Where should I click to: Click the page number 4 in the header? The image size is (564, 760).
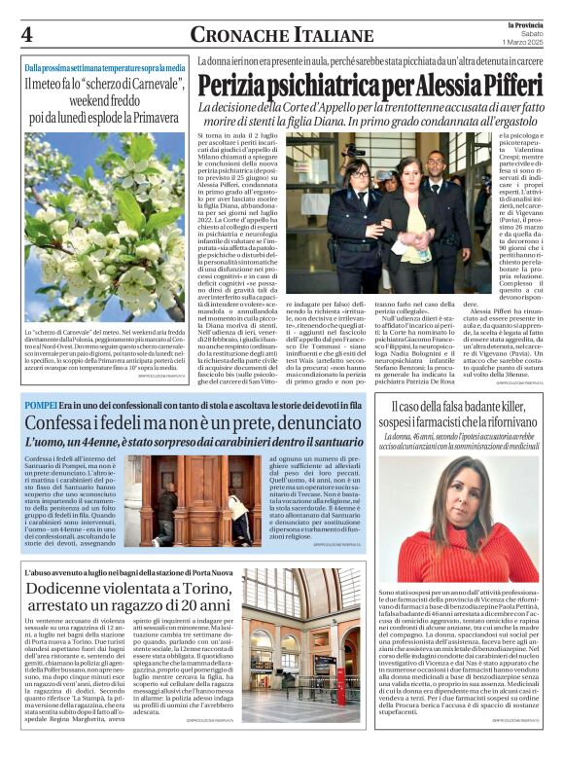27,34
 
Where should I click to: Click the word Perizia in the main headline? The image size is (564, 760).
254,85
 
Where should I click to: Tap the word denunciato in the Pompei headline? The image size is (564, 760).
314,424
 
